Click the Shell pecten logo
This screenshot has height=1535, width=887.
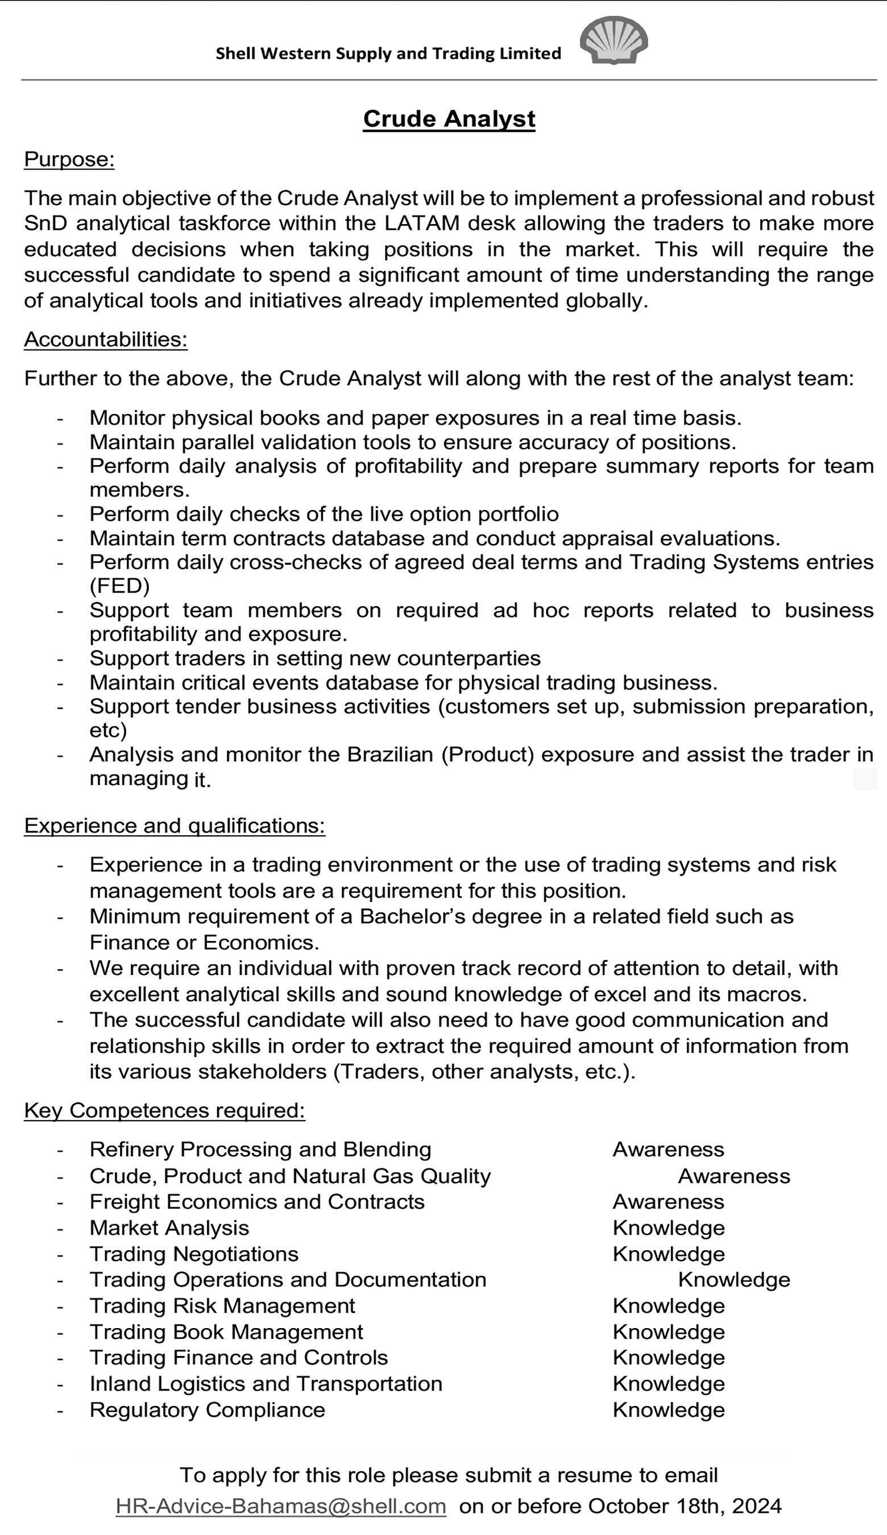(x=614, y=41)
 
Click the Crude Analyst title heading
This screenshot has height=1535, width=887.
(x=449, y=119)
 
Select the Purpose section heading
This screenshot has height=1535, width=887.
(x=69, y=160)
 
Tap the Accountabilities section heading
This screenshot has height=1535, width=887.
(x=106, y=340)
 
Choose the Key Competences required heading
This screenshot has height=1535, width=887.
(x=164, y=1110)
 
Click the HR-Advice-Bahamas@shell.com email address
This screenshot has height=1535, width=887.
(x=281, y=1506)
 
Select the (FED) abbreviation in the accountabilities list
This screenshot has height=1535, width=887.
(x=119, y=586)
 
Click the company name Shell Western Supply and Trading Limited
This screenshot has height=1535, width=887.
(x=388, y=53)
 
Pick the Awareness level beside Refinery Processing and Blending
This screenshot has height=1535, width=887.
(x=668, y=1150)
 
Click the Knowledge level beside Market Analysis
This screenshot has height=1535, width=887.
(x=668, y=1228)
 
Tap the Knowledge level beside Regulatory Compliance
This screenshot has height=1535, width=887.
(x=668, y=1409)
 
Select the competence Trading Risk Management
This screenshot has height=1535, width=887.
(x=222, y=1306)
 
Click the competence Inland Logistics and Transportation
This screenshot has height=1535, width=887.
(x=266, y=1383)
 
